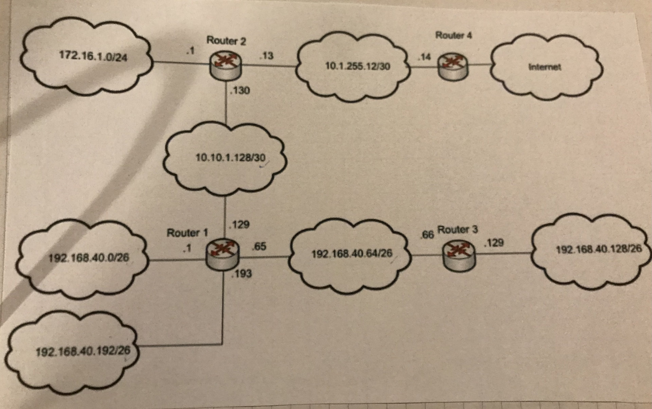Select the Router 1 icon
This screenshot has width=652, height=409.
[222, 255]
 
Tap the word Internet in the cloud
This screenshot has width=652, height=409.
[545, 67]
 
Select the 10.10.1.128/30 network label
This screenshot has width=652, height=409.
[230, 157]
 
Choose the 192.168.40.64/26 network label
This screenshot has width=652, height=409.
[352, 253]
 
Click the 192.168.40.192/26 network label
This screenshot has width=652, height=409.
[83, 351]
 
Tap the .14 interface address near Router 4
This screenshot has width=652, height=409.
[424, 57]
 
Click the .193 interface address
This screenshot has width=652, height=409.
[242, 274]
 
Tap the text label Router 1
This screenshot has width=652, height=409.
[187, 233]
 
